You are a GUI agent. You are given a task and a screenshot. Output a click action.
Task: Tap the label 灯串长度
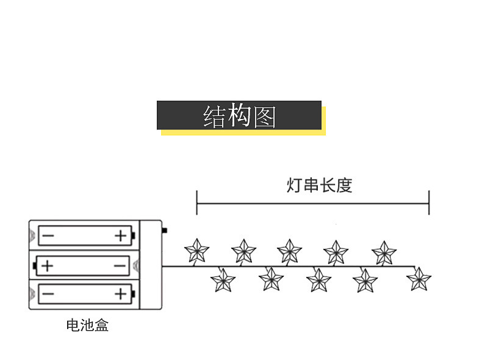[x=319, y=185]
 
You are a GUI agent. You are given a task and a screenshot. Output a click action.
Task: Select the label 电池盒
[x=87, y=325]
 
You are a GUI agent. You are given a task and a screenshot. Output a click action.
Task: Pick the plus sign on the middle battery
[x=48, y=266]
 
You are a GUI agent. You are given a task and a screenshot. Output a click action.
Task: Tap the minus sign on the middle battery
[x=120, y=266]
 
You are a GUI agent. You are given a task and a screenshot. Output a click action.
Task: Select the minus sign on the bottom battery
[x=48, y=295]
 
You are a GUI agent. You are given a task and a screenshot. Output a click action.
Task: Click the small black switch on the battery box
[x=165, y=231]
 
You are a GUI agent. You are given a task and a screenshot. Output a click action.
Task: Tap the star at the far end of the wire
[x=419, y=279]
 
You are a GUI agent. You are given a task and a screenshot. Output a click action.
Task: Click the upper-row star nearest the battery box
[x=197, y=250]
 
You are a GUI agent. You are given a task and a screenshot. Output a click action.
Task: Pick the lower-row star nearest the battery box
[x=223, y=280]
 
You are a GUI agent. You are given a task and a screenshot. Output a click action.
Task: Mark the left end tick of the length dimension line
[x=196, y=202]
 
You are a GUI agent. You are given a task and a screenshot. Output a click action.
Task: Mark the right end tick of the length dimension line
[x=429, y=202]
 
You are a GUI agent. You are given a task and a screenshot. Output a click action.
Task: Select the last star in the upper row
[x=384, y=253]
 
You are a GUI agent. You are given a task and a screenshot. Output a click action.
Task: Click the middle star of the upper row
[x=289, y=251]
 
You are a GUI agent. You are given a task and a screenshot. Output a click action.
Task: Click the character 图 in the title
[x=264, y=116]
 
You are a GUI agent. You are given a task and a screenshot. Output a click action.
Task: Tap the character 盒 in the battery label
[x=101, y=325]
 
